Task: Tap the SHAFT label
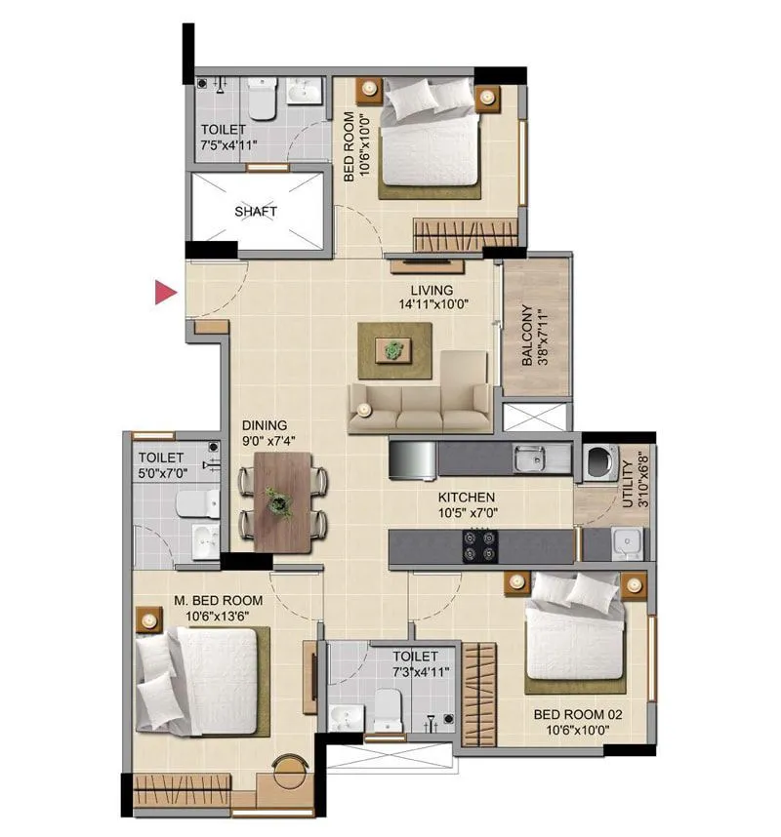[256, 211]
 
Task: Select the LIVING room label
[432, 290]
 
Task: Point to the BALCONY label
[528, 336]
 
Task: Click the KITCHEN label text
[466, 497]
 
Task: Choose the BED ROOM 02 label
[578, 714]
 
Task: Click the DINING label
[265, 425]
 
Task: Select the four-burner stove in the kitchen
[478, 545]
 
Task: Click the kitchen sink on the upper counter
[531, 456]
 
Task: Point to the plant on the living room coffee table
[394, 348]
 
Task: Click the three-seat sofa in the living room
[420, 408]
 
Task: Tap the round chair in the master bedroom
[289, 771]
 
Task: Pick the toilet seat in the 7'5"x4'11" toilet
[261, 100]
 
